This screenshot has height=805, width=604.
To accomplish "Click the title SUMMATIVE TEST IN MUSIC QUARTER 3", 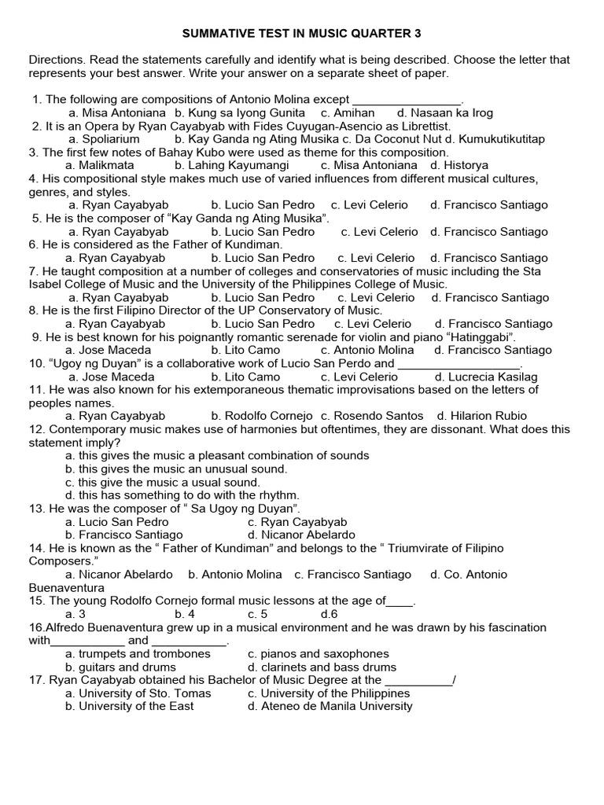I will [x=302, y=34].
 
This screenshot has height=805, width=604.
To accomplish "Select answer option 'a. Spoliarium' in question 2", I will [x=104, y=139].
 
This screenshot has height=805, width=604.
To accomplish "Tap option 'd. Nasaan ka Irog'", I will [x=445, y=112].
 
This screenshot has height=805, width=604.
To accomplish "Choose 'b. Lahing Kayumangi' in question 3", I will [x=232, y=165].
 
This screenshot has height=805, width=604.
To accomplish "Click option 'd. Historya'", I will [x=459, y=165].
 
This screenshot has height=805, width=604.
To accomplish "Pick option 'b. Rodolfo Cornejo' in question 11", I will [x=262, y=416].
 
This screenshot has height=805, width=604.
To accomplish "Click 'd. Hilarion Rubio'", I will [x=482, y=416].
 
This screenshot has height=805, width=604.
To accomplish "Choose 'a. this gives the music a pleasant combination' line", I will [x=217, y=455].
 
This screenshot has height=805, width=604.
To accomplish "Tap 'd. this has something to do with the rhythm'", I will [x=182, y=495].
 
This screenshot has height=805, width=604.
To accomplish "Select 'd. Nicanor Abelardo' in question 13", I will [x=301, y=535].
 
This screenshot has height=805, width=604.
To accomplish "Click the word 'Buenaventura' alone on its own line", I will [x=66, y=587].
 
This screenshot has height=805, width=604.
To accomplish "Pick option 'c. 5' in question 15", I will [x=257, y=614].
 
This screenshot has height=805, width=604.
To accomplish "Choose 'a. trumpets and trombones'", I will [x=128, y=653].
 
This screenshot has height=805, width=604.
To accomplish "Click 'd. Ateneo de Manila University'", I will [x=330, y=706].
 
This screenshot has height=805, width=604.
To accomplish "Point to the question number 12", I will [x=37, y=429].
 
